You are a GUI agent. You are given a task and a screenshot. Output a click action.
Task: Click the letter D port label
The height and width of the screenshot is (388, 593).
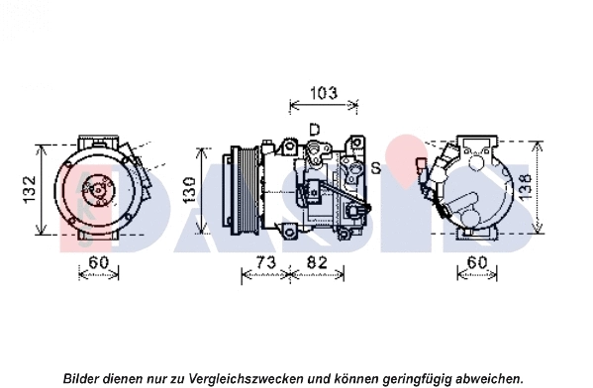point(314,130)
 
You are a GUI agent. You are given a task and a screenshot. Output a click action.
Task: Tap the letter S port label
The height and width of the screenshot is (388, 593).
point(375,168)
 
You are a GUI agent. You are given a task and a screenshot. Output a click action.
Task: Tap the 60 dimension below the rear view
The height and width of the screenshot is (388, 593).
point(476,262)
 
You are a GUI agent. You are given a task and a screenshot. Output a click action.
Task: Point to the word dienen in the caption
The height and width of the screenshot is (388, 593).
point(127,378)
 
